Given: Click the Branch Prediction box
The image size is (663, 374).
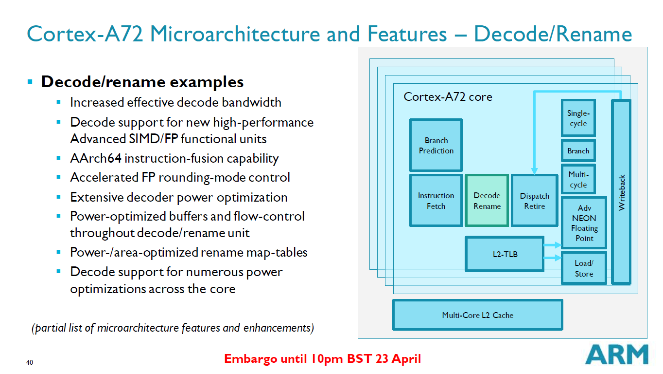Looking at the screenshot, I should click(436, 145).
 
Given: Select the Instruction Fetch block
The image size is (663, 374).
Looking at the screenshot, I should click(436, 201).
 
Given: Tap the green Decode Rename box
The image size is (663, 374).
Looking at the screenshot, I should click(487, 201).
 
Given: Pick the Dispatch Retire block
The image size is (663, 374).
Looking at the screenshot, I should click(535, 201).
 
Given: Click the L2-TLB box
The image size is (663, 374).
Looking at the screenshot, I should click(505, 254).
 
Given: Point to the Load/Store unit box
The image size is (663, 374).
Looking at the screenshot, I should click(584, 268).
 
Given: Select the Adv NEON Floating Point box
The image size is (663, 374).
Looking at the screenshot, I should click(584, 223).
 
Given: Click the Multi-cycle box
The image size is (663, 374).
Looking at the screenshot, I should click(578, 179).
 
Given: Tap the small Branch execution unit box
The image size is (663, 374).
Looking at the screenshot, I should click(578, 151).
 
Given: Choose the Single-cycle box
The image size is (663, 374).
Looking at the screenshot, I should click(578, 118).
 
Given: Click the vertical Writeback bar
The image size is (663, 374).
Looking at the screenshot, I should click(621, 192).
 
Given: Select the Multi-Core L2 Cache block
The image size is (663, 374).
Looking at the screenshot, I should click(477, 315).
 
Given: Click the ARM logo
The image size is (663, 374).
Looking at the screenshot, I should click(617, 354).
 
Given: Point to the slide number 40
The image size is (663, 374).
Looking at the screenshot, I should click(30, 363).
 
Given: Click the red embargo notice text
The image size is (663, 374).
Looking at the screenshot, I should click(322, 359).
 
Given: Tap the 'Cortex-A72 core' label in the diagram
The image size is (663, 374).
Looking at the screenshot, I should click(448, 97).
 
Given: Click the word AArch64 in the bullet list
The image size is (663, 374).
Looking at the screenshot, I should click(95, 159).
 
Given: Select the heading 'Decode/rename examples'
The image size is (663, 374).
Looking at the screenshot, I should click(142, 82).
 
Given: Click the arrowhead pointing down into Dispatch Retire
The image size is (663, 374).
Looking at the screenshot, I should click(535, 171).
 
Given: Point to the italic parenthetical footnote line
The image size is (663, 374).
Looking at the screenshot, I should click(173, 328).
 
